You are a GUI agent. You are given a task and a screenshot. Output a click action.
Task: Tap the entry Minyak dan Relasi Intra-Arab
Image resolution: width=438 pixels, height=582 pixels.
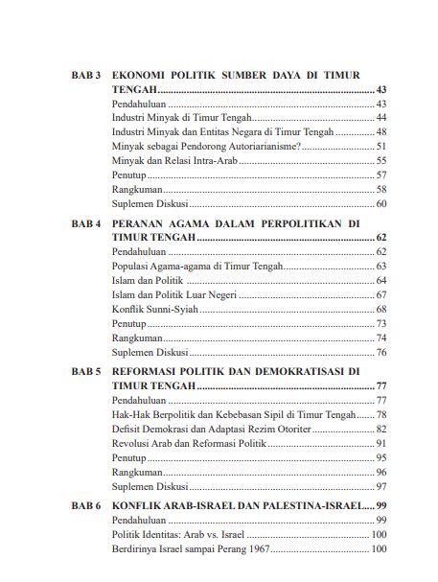(x=174, y=161)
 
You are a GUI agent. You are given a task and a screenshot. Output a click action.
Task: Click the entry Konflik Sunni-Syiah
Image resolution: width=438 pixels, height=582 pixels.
(x=153, y=309)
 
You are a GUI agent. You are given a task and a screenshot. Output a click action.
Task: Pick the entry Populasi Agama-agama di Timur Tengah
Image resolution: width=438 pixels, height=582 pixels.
(x=196, y=266)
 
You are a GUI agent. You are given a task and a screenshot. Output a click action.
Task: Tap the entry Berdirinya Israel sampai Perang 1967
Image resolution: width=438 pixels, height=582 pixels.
(x=192, y=548)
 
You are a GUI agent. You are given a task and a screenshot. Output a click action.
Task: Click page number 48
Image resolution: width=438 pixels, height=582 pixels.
(x=380, y=131)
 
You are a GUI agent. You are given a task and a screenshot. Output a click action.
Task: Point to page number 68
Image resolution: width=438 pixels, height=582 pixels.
(x=380, y=309)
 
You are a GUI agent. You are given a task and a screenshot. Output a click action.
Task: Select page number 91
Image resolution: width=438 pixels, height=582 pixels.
(x=380, y=443)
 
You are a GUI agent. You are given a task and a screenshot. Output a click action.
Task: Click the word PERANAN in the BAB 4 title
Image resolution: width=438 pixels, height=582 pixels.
(x=141, y=221)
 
